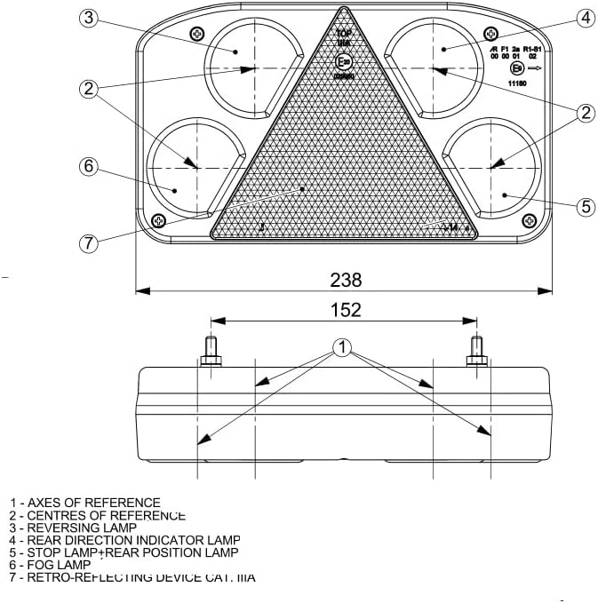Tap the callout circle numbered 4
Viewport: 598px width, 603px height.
pyautogui.click(x=584, y=17)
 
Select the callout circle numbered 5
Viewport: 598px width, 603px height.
pyautogui.click(x=585, y=206)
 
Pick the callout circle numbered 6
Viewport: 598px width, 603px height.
pyautogui.click(x=87, y=166)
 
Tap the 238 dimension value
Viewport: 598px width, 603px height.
pyautogui.click(x=346, y=280)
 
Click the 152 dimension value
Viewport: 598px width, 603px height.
pyautogui.click(x=346, y=309)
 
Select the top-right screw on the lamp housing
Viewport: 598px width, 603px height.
pyautogui.click(x=493, y=34)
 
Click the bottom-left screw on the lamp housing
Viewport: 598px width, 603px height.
pyautogui.click(x=159, y=220)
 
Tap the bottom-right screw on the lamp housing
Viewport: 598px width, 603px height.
pyautogui.click(x=530, y=220)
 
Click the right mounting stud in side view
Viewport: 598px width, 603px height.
pyautogui.click(x=476, y=352)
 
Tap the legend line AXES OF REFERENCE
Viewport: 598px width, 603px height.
pyautogui.click(x=85, y=503)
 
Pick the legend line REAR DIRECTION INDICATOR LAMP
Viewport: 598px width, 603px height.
pyautogui.click(x=125, y=540)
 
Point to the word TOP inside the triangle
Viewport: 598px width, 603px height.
pyautogui.click(x=344, y=34)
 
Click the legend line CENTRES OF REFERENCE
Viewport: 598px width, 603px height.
pyautogui.click(x=97, y=515)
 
